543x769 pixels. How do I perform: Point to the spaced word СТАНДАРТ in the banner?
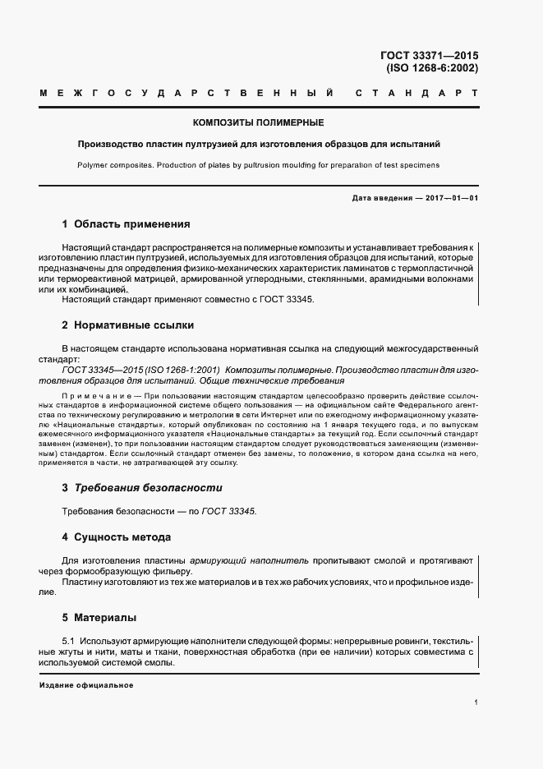tap(416, 96)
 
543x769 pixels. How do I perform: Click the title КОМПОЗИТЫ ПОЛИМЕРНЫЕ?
tap(258, 122)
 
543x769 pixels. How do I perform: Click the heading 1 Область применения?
tap(126, 223)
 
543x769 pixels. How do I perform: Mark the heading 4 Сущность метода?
tap(116, 537)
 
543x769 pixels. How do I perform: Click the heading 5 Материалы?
tap(99, 616)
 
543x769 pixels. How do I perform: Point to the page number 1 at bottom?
tap(476, 702)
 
